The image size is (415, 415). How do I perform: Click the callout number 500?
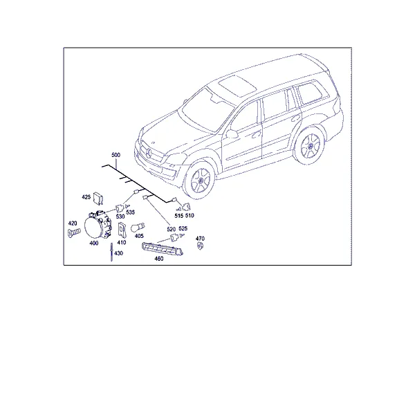pos(116,155)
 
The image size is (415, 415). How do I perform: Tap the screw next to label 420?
pos(74,232)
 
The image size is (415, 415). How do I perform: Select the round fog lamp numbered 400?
pos(97,225)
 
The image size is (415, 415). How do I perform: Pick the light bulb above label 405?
pos(138,228)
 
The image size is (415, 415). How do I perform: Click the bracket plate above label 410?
pos(122,229)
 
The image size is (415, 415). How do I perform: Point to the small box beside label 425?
pos(98,199)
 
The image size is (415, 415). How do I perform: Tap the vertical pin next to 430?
pos(111,252)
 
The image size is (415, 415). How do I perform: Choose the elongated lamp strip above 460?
pos(163,249)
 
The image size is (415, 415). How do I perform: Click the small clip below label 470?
pos(200,246)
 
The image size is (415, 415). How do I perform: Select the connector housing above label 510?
pos(187,207)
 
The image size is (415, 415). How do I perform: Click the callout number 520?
pos(172,229)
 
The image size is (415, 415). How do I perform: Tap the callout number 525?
pos(183,228)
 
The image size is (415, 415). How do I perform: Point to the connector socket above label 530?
pos(120,209)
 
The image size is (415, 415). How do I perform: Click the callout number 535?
pos(130,212)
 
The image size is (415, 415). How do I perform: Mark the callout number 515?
pos(179,216)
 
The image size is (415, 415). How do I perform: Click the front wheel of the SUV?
pos(200,180)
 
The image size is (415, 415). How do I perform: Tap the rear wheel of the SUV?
pos(310,145)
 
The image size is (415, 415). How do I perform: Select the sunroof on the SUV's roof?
pos(237,86)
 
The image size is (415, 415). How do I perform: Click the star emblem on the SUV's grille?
pos(148,154)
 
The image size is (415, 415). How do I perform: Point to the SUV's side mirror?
pos(232,133)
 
